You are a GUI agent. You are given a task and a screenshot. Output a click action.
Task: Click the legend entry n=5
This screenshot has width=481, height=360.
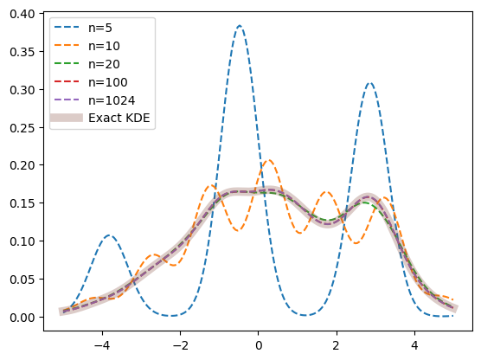[100, 28]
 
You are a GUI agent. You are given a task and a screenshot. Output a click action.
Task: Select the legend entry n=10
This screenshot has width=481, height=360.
[104, 46]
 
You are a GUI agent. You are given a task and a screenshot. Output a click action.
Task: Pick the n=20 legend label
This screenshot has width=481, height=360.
[104, 64]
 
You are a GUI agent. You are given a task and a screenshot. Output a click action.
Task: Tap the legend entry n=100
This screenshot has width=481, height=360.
[107, 82]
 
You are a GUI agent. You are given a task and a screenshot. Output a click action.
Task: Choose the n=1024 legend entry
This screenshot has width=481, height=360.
[112, 100]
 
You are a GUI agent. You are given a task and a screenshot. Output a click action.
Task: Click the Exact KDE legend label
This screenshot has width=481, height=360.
[119, 118]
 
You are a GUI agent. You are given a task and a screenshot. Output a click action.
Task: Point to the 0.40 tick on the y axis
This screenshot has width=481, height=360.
[22, 14]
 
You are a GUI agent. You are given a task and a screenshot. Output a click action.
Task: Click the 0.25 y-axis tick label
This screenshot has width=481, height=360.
[22, 128]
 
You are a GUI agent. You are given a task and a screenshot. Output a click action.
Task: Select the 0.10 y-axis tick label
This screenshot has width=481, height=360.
[22, 241]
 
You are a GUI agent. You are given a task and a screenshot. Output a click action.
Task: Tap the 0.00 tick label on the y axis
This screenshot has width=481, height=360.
[22, 317]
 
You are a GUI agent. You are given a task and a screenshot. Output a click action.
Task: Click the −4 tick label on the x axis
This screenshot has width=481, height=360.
[102, 345]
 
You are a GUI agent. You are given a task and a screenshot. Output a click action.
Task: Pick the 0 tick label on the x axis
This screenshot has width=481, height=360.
[259, 345]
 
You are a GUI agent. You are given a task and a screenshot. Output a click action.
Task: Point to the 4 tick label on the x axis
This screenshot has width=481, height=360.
[414, 345]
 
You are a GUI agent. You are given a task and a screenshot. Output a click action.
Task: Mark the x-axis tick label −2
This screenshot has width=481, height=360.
[180, 345]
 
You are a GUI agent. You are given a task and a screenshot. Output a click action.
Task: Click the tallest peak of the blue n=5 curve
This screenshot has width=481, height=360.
[240, 25]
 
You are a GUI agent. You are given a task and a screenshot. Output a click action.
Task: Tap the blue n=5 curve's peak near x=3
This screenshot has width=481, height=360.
[370, 83]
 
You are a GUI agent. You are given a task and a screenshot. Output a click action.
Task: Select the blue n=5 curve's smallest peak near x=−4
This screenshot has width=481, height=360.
[109, 235]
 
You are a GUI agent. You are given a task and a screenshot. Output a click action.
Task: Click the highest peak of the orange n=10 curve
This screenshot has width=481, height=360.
[269, 160]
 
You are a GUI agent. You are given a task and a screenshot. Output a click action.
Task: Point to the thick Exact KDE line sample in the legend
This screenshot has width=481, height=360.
[67, 118]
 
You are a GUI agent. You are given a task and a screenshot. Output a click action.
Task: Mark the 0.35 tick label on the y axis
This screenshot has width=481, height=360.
[22, 52]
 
